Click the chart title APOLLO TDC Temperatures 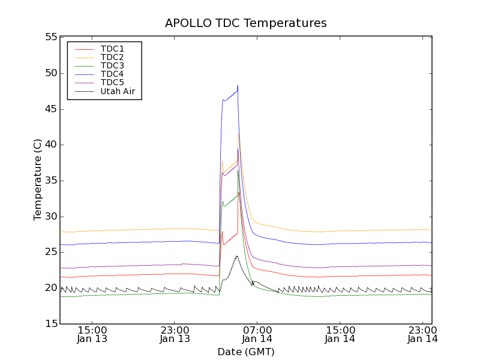[x=246, y=23]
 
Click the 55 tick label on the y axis [x=50, y=37]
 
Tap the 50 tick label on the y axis [x=50, y=73]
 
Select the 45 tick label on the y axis [x=50, y=109]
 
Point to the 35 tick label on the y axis [x=50, y=181]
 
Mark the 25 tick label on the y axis [x=50, y=252]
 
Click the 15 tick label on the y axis [x=50, y=324]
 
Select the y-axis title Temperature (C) [x=38, y=180]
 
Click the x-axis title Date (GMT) [x=246, y=352]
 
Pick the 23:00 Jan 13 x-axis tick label [x=175, y=334]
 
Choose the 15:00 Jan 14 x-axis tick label [x=340, y=334]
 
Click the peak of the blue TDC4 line [x=238, y=86]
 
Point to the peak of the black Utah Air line [x=237, y=256]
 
